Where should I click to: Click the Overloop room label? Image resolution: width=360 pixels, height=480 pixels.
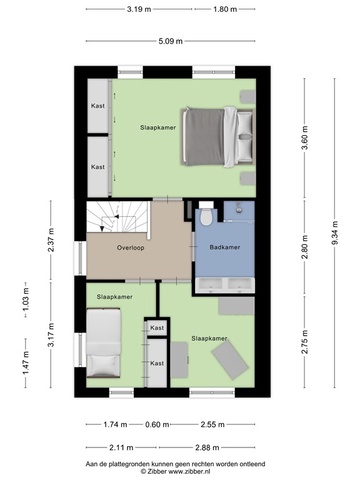pyautogui.click(x=131, y=247)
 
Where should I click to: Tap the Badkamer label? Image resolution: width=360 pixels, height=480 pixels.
pyautogui.click(x=225, y=247)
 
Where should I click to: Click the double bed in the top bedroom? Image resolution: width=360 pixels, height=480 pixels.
pyautogui.click(x=217, y=136)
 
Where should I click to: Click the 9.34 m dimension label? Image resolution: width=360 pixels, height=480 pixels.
pyautogui.click(x=335, y=233)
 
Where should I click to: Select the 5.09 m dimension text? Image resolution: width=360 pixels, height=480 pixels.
pyautogui.click(x=171, y=42)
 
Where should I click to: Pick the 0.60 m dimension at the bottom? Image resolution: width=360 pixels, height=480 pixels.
pyautogui.click(x=156, y=424)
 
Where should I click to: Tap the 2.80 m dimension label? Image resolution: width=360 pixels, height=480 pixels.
pyautogui.click(x=305, y=239)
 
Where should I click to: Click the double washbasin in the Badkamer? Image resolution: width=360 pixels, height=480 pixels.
pyautogui.click(x=226, y=284)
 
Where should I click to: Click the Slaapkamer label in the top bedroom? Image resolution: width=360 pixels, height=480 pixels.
pyautogui.click(x=157, y=127)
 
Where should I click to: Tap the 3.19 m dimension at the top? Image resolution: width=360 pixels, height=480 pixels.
pyautogui.click(x=139, y=9)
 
